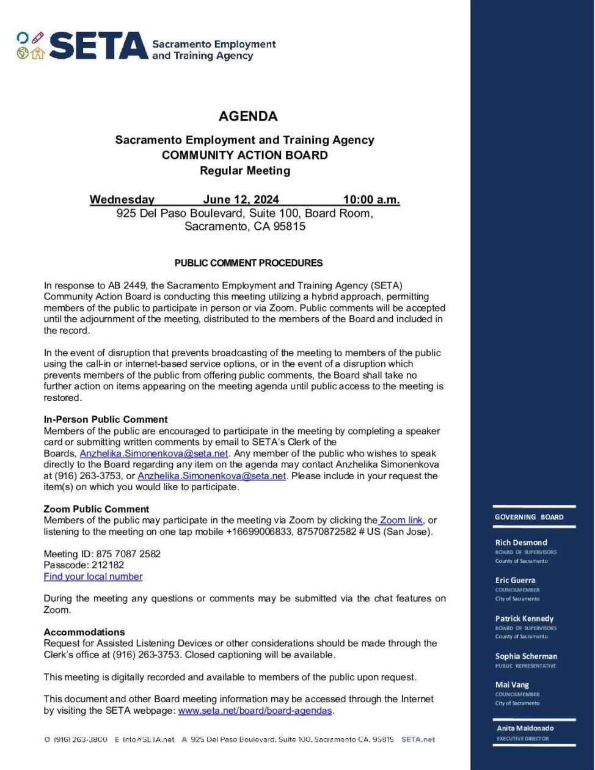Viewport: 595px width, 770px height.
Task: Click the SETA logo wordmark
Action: pyautogui.click(x=98, y=46)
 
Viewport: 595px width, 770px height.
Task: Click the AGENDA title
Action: pyautogui.click(x=248, y=116)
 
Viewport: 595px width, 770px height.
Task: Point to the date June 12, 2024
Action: pyautogui.click(x=241, y=200)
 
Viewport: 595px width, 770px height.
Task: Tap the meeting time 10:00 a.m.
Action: pyautogui.click(x=371, y=200)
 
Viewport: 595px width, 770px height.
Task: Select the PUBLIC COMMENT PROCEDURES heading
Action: pyautogui.click(x=248, y=263)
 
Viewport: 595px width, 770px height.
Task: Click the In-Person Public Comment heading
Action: pyautogui.click(x=105, y=419)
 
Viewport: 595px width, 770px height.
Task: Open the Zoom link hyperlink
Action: pyautogui.click(x=401, y=521)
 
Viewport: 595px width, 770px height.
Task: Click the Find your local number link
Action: pyautogui.click(x=93, y=576)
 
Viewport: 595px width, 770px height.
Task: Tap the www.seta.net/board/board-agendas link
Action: pyautogui.click(x=255, y=711)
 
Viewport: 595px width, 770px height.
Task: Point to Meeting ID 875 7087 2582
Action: pyautogui.click(x=102, y=554)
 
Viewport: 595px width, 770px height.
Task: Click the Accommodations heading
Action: pyautogui.click(x=84, y=632)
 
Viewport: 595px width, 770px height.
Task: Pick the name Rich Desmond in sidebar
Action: pyautogui.click(x=521, y=543)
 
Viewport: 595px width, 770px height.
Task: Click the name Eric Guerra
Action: pyautogui.click(x=515, y=581)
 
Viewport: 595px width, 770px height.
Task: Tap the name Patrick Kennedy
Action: pyautogui.click(x=524, y=618)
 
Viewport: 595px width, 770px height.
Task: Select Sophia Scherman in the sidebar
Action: pyautogui.click(x=526, y=656)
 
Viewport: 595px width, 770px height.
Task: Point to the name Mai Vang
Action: pyautogui.click(x=512, y=685)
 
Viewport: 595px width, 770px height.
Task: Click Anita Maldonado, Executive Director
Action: pyautogui.click(x=525, y=728)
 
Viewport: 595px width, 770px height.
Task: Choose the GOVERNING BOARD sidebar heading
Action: pyautogui.click(x=529, y=517)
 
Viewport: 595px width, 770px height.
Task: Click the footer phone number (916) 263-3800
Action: pyautogui.click(x=81, y=739)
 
